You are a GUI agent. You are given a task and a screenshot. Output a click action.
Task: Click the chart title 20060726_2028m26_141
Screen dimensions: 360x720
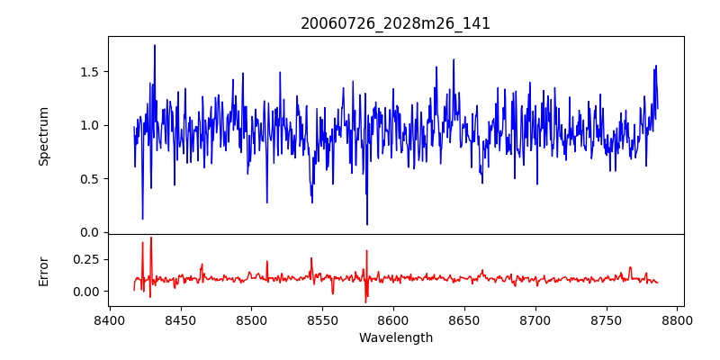click(x=396, y=23)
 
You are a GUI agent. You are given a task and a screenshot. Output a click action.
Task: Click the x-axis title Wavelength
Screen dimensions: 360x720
click(x=396, y=338)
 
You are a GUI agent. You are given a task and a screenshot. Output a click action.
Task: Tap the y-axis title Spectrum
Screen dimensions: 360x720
click(x=44, y=135)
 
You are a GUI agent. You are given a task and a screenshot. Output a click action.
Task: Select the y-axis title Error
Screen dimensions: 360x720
click(x=44, y=271)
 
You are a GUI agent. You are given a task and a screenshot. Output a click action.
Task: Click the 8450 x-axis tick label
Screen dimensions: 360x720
click(x=180, y=320)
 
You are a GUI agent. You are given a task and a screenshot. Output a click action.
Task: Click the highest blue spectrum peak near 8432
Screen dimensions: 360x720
click(x=155, y=46)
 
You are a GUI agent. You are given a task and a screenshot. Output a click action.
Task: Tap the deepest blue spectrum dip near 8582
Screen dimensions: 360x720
click(x=367, y=224)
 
